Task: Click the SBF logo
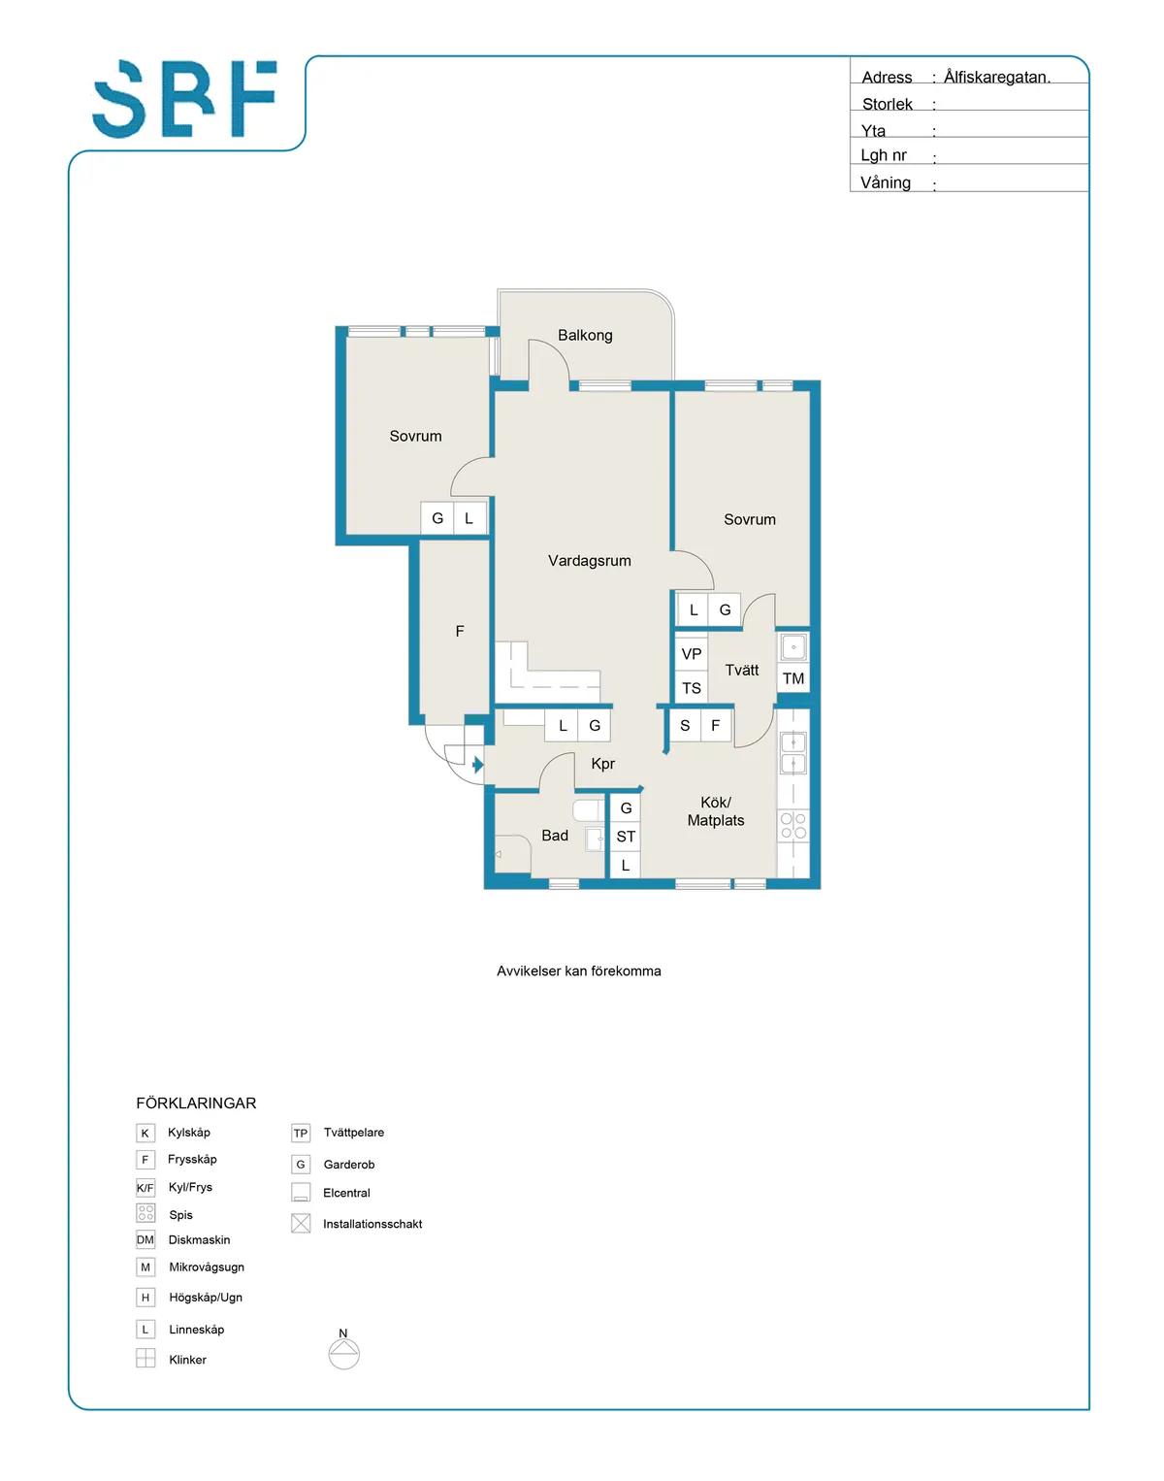(x=184, y=99)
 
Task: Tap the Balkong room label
(x=585, y=335)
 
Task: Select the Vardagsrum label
(x=589, y=561)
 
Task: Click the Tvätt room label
(x=742, y=670)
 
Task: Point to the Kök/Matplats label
(x=716, y=811)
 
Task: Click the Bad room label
(x=555, y=836)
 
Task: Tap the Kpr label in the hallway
(x=602, y=764)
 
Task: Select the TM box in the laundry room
(x=793, y=678)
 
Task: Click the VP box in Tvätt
(x=692, y=654)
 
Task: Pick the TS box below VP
(x=692, y=688)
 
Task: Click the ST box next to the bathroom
(x=626, y=837)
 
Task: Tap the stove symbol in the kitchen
(x=793, y=826)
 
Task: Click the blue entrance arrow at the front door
(x=477, y=766)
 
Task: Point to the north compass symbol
(x=344, y=1352)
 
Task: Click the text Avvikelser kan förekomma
(x=579, y=971)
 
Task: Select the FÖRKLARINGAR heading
(x=196, y=1103)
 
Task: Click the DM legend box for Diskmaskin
(x=145, y=1239)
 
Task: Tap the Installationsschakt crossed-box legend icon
(x=301, y=1224)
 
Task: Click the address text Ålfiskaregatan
(x=997, y=77)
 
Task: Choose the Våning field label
(x=886, y=182)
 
